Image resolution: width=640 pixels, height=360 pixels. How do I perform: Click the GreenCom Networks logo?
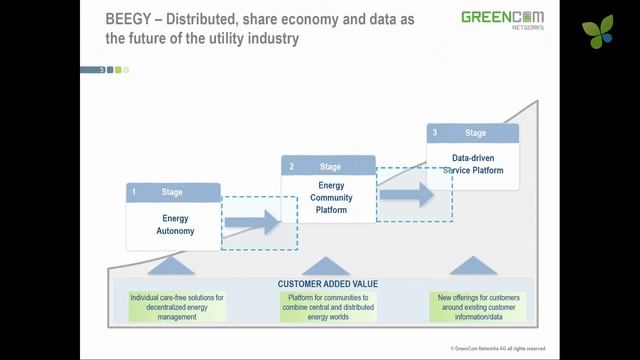point(502,20)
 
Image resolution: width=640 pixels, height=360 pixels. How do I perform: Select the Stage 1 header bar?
point(173,192)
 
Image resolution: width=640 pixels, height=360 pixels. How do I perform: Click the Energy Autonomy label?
point(174,224)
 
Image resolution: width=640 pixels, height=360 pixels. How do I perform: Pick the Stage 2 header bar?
point(328,166)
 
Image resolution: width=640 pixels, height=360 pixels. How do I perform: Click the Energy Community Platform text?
point(331,197)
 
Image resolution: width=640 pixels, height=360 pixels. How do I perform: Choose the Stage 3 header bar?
point(473,133)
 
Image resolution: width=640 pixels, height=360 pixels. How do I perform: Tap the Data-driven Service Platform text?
point(473,164)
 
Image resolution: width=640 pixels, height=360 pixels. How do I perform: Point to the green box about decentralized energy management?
point(176,307)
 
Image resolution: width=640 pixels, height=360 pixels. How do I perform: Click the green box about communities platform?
point(329,307)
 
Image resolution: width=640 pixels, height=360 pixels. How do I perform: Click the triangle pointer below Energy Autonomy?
point(176,265)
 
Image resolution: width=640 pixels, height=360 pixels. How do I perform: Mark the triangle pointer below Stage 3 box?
point(473,265)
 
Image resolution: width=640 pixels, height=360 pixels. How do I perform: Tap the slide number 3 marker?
point(102,70)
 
